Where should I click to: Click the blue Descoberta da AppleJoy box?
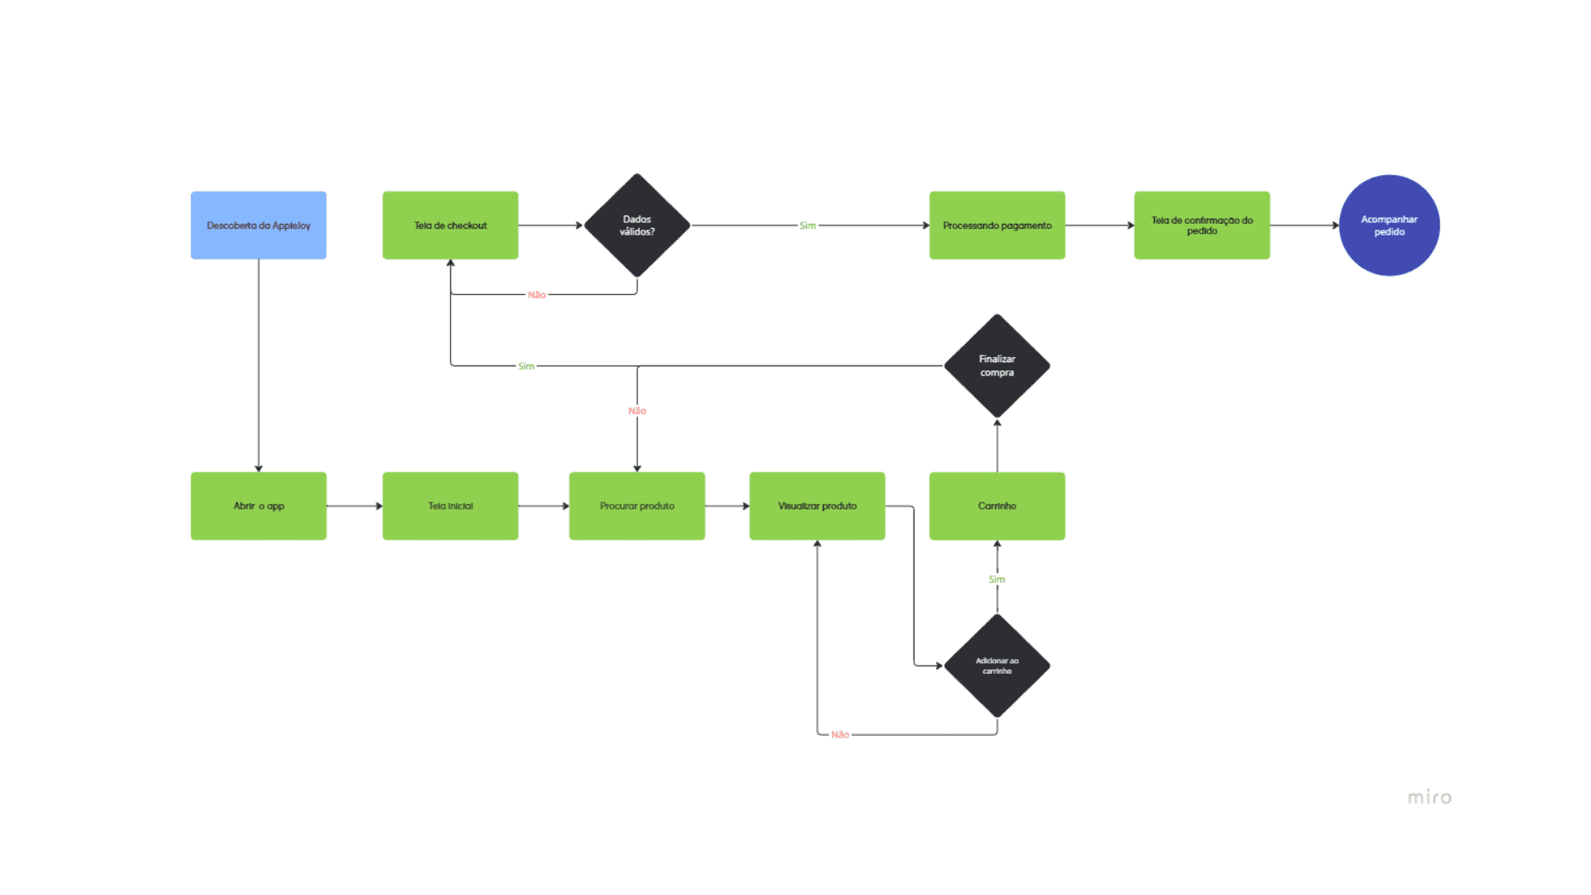(x=259, y=225)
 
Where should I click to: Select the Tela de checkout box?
(x=450, y=225)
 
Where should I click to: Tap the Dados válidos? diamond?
(x=636, y=225)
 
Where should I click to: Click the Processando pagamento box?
(x=997, y=225)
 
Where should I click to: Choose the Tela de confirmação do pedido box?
(x=1202, y=225)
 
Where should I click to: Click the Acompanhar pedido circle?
(x=1389, y=225)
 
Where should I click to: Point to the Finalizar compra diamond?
(x=997, y=365)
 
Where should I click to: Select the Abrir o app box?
(x=259, y=506)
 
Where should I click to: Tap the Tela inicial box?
(x=450, y=506)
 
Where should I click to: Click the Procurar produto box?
(x=636, y=506)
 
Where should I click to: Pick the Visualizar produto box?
(x=817, y=506)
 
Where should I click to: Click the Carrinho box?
(x=997, y=506)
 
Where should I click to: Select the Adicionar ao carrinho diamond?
(x=997, y=665)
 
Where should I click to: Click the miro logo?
(x=1429, y=797)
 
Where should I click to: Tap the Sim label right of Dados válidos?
(x=807, y=225)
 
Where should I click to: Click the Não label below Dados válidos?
(x=537, y=295)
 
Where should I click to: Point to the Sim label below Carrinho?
(x=997, y=579)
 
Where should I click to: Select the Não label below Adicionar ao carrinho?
(x=840, y=734)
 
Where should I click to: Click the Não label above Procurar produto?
(x=636, y=411)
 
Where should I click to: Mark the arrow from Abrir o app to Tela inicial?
(x=355, y=506)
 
